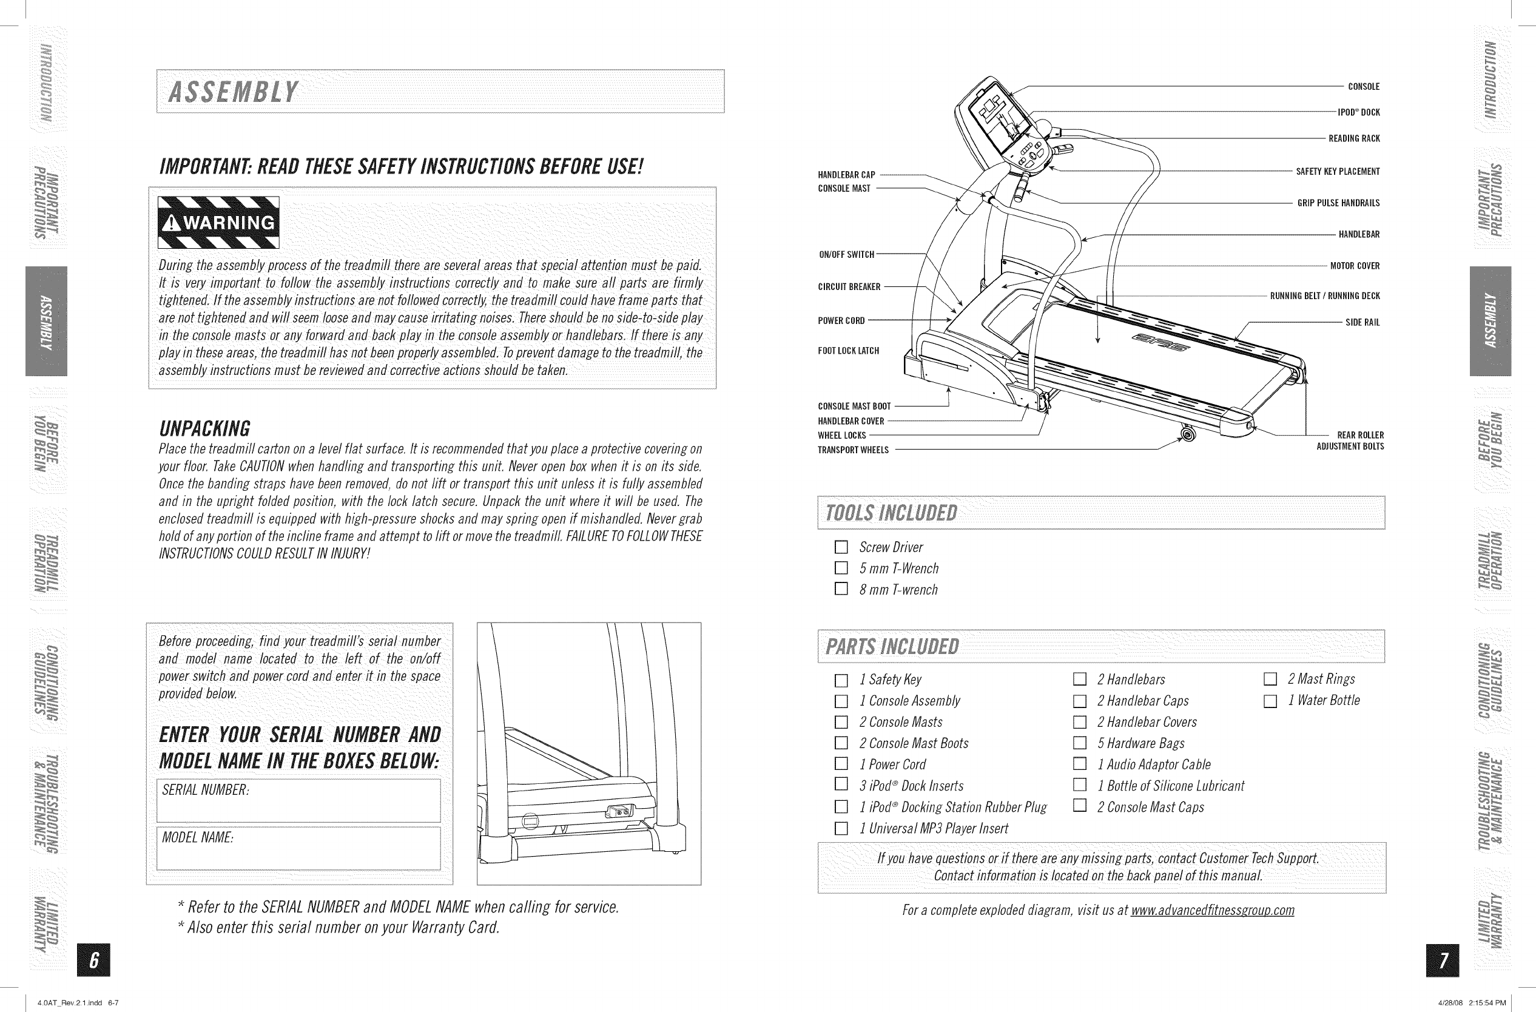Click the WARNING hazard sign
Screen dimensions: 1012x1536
pos(219,222)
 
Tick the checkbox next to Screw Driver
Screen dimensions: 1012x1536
pos(840,547)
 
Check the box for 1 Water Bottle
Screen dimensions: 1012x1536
pos(1270,701)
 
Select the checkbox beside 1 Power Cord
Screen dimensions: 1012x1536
pos(840,764)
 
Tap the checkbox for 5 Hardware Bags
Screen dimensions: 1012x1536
pos(1079,743)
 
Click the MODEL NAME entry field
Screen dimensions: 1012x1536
pos(299,848)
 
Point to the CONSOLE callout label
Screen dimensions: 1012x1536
pos(1364,87)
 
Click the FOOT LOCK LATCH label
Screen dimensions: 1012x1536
pos(848,351)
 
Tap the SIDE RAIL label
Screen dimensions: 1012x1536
pos(1363,323)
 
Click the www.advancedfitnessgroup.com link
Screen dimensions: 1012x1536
pos(1212,910)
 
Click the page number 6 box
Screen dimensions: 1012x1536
pos(93,960)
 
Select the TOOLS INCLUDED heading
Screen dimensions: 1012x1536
pos(891,513)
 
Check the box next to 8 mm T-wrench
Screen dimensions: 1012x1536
pos(840,589)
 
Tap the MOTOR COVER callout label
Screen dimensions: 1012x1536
pos(1355,266)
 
